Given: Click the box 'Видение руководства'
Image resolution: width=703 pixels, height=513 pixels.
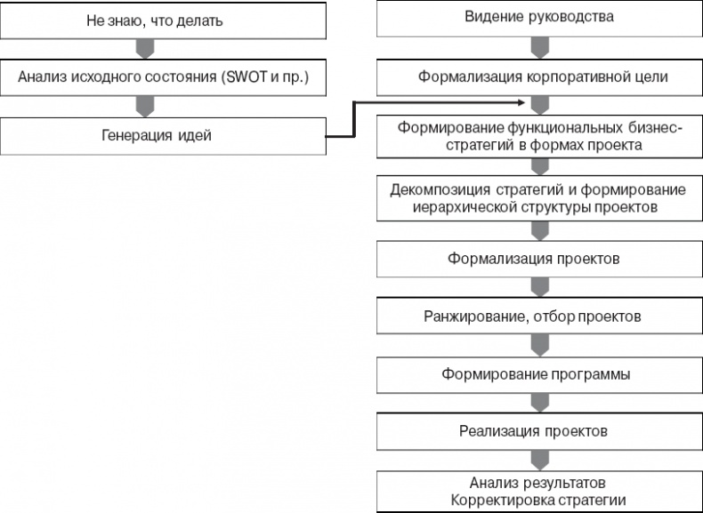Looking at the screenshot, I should pos(539,17).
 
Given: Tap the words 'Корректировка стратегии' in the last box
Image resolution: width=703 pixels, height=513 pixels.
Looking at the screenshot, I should pos(540,501).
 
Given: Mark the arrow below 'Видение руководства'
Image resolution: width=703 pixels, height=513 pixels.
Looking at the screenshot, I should pos(538,47).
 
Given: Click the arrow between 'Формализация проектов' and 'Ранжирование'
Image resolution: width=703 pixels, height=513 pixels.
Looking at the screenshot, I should pos(538,287).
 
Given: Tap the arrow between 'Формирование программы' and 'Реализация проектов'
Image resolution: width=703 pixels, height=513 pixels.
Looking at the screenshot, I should pos(538,403).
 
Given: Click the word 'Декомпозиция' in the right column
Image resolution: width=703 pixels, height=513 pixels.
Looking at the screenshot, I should pos(434,190).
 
